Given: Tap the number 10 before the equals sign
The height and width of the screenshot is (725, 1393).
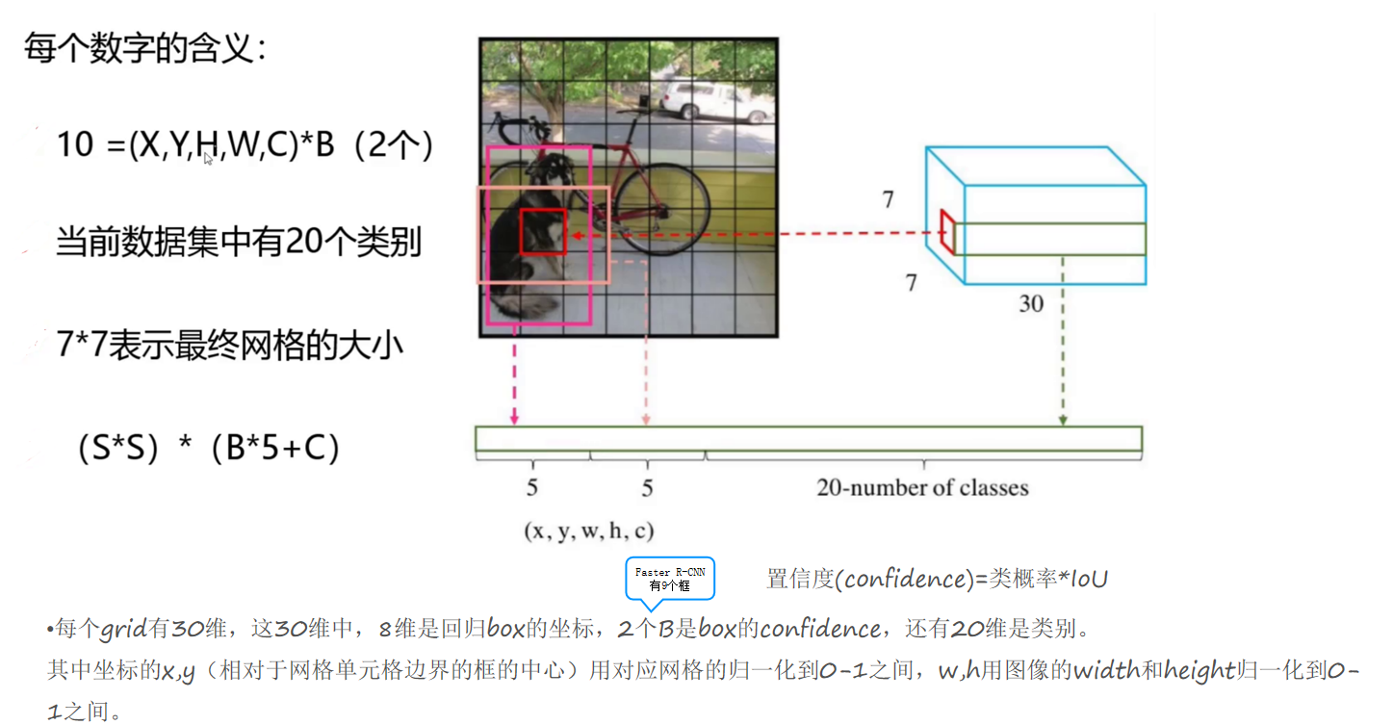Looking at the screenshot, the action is pyautogui.click(x=75, y=145).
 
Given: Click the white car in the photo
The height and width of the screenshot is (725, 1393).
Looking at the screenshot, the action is pyautogui.click(x=707, y=100).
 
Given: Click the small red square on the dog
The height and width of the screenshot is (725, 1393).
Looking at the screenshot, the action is pyautogui.click(x=543, y=231).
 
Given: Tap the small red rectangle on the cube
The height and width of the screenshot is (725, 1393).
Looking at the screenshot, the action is pyautogui.click(x=948, y=232).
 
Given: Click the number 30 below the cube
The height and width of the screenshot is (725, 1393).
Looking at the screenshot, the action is pyautogui.click(x=1031, y=304).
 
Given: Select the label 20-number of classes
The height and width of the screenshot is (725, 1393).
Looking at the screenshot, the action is pyautogui.click(x=922, y=488).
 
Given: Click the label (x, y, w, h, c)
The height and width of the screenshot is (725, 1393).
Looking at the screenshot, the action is pyautogui.click(x=589, y=531).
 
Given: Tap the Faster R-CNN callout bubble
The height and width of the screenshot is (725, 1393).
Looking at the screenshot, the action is pyautogui.click(x=670, y=579).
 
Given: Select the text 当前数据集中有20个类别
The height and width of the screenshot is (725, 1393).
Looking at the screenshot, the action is pyautogui.click(x=239, y=242).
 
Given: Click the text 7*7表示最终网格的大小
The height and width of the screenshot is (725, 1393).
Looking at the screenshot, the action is pyautogui.click(x=229, y=345).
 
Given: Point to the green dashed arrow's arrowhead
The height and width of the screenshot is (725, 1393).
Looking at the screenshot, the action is pyautogui.click(x=1063, y=420).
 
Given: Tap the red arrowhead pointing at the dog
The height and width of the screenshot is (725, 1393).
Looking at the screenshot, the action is pyautogui.click(x=574, y=234).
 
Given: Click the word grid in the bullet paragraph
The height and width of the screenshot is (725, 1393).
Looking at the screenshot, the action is pyautogui.click(x=124, y=631).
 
